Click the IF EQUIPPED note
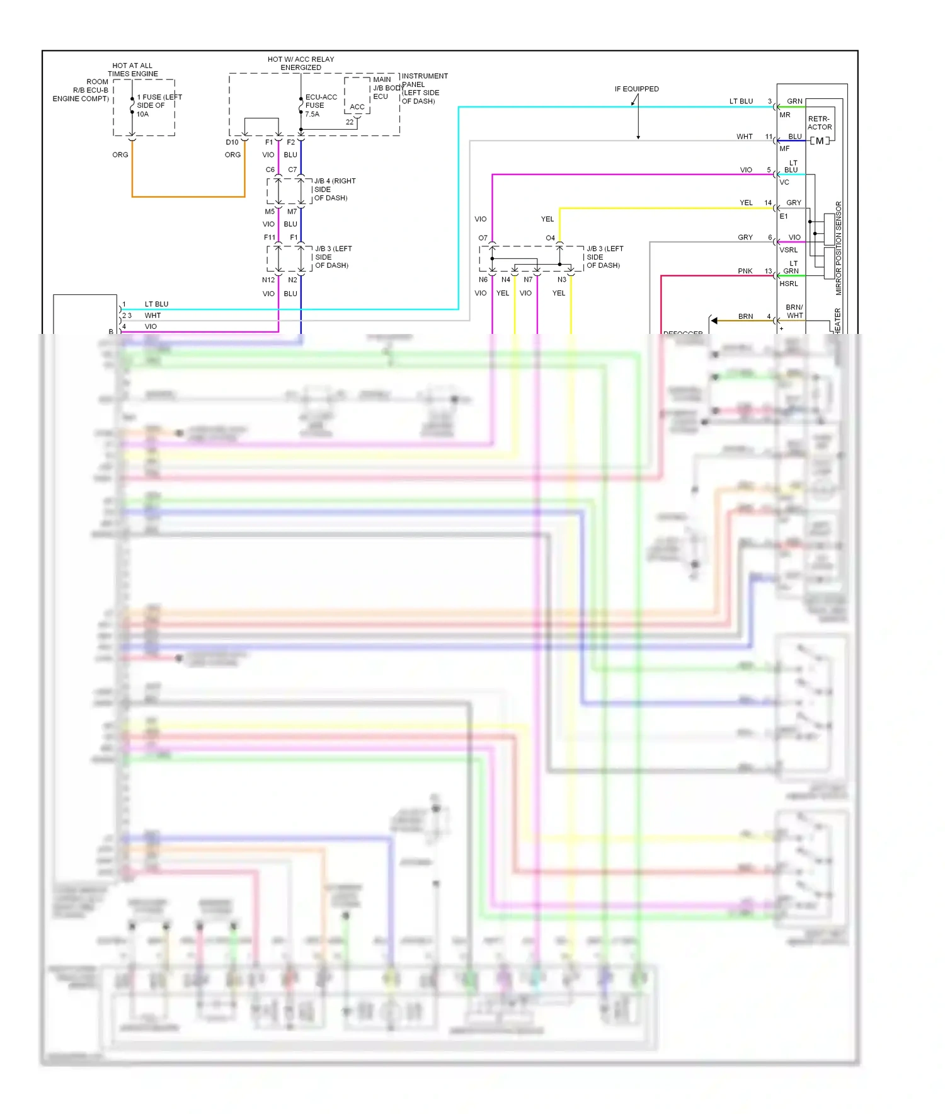pyautogui.click(x=636, y=89)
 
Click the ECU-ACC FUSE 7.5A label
pyautogui.click(x=321, y=105)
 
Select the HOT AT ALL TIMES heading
pyautogui.click(x=132, y=69)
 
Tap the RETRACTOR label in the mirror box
pyautogui.click(x=820, y=123)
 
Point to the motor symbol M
pyautogui.click(x=819, y=141)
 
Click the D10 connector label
pyautogui.click(x=232, y=142)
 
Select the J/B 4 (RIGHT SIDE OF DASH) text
pyautogui.click(x=334, y=189)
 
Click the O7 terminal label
pyautogui.click(x=483, y=238)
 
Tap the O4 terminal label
pyautogui.click(x=550, y=238)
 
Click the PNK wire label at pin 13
pyautogui.click(x=745, y=271)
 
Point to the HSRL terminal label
pyautogui.click(x=789, y=284)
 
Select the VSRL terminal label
pyautogui.click(x=789, y=250)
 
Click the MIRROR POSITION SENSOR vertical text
pyautogui.click(x=839, y=248)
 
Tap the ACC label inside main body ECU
pyautogui.click(x=357, y=107)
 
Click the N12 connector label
pyautogui.click(x=268, y=280)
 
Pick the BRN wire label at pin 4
pyautogui.click(x=745, y=316)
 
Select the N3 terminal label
pyautogui.click(x=561, y=280)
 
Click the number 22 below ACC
pyautogui.click(x=350, y=122)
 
